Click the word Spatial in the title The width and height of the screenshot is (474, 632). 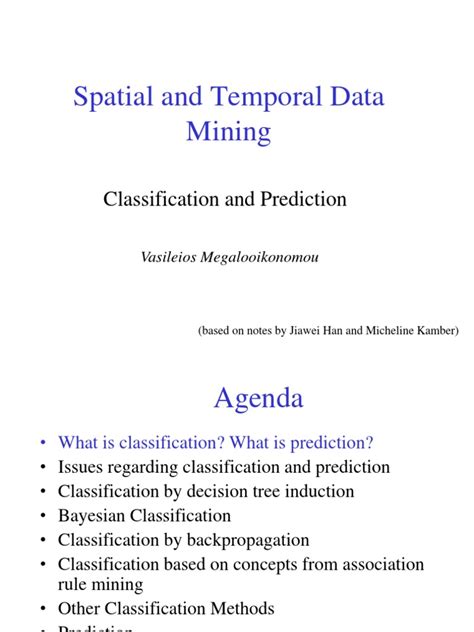[113, 97]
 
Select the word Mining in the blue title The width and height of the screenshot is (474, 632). [228, 131]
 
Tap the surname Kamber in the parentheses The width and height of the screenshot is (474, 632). [434, 331]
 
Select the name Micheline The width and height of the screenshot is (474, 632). [379, 331]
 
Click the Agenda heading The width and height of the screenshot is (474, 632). [258, 398]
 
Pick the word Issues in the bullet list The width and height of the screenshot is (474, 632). [81, 467]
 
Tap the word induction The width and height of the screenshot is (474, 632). [320, 491]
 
